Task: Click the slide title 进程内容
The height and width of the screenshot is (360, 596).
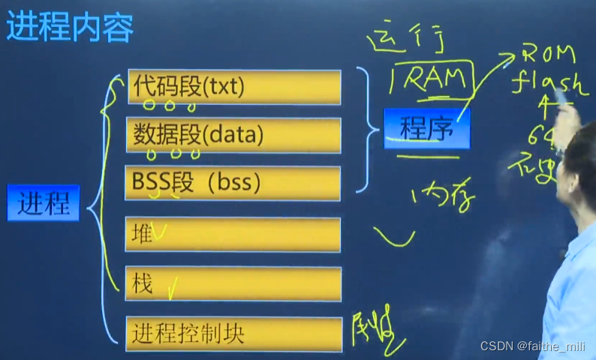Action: click(70, 28)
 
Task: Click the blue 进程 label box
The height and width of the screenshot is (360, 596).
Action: click(44, 203)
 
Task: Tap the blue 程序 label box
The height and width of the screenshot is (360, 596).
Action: click(426, 129)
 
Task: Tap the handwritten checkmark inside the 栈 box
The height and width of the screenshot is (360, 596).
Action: click(172, 286)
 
